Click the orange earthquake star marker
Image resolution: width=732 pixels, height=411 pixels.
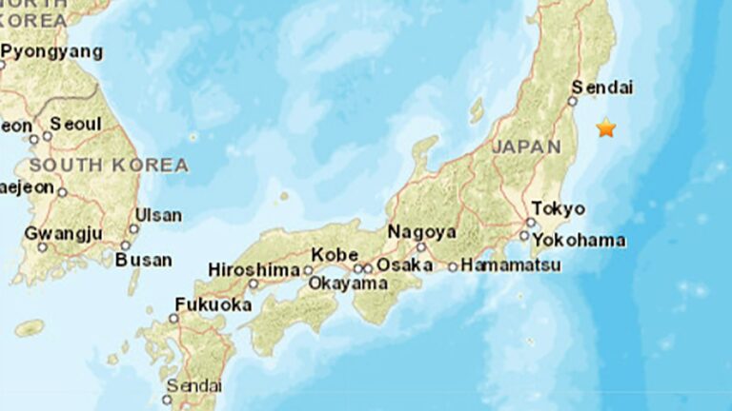tap(606, 127)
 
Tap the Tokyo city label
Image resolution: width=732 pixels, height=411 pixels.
tap(559, 207)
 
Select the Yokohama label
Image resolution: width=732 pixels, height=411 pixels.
tap(579, 239)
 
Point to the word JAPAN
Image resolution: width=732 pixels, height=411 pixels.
tap(526, 147)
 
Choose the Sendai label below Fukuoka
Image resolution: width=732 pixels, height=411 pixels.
tap(193, 385)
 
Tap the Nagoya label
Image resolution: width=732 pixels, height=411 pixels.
tap(421, 231)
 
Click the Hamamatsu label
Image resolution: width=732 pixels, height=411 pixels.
tap(511, 265)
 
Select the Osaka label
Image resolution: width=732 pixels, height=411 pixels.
tap(398, 265)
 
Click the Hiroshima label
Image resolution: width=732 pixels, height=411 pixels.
tap(254, 269)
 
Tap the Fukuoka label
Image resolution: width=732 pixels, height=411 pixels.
tap(213, 304)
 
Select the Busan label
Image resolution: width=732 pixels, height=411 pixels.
tap(144, 259)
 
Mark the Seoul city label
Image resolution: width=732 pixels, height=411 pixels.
tap(75, 124)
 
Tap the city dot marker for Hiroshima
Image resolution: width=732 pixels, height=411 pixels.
tap(254, 284)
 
